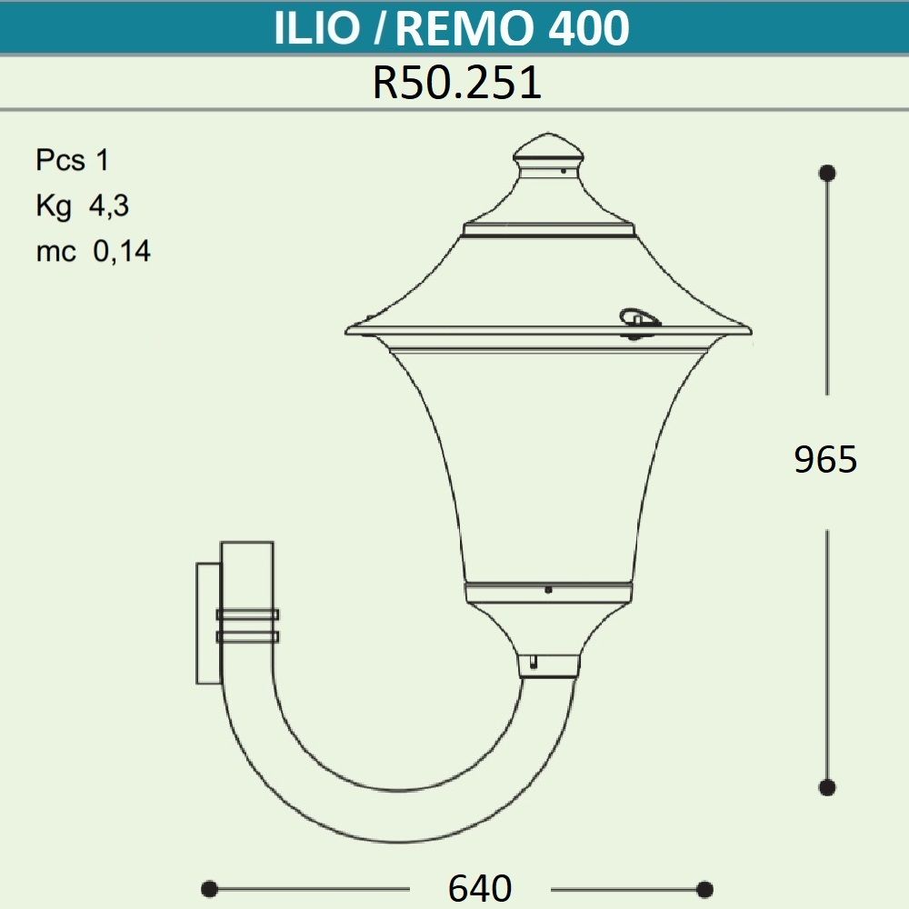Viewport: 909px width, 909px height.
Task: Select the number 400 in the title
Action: pyautogui.click(x=589, y=29)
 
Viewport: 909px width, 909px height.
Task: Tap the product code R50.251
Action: pyautogui.click(x=456, y=84)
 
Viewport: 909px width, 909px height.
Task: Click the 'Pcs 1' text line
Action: pyautogui.click(x=72, y=161)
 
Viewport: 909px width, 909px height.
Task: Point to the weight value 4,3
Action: pyautogui.click(x=108, y=206)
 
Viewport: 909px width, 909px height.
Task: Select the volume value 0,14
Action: pyautogui.click(x=122, y=252)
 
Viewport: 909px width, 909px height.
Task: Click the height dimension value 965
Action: pyautogui.click(x=825, y=460)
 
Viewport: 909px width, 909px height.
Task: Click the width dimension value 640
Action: pyautogui.click(x=480, y=887)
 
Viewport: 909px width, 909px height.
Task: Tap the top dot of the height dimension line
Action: pyautogui.click(x=827, y=173)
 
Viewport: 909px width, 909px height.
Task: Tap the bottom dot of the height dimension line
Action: pyautogui.click(x=827, y=787)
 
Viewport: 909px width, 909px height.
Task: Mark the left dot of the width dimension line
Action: pyautogui.click(x=209, y=888)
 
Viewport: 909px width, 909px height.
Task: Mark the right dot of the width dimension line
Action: pyautogui.click(x=704, y=888)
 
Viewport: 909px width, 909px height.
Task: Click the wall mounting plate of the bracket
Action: pyautogui.click(x=208, y=623)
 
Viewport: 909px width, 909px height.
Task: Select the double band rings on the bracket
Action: pyautogui.click(x=246, y=625)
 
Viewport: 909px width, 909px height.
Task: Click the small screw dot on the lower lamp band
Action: pyautogui.click(x=548, y=590)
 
